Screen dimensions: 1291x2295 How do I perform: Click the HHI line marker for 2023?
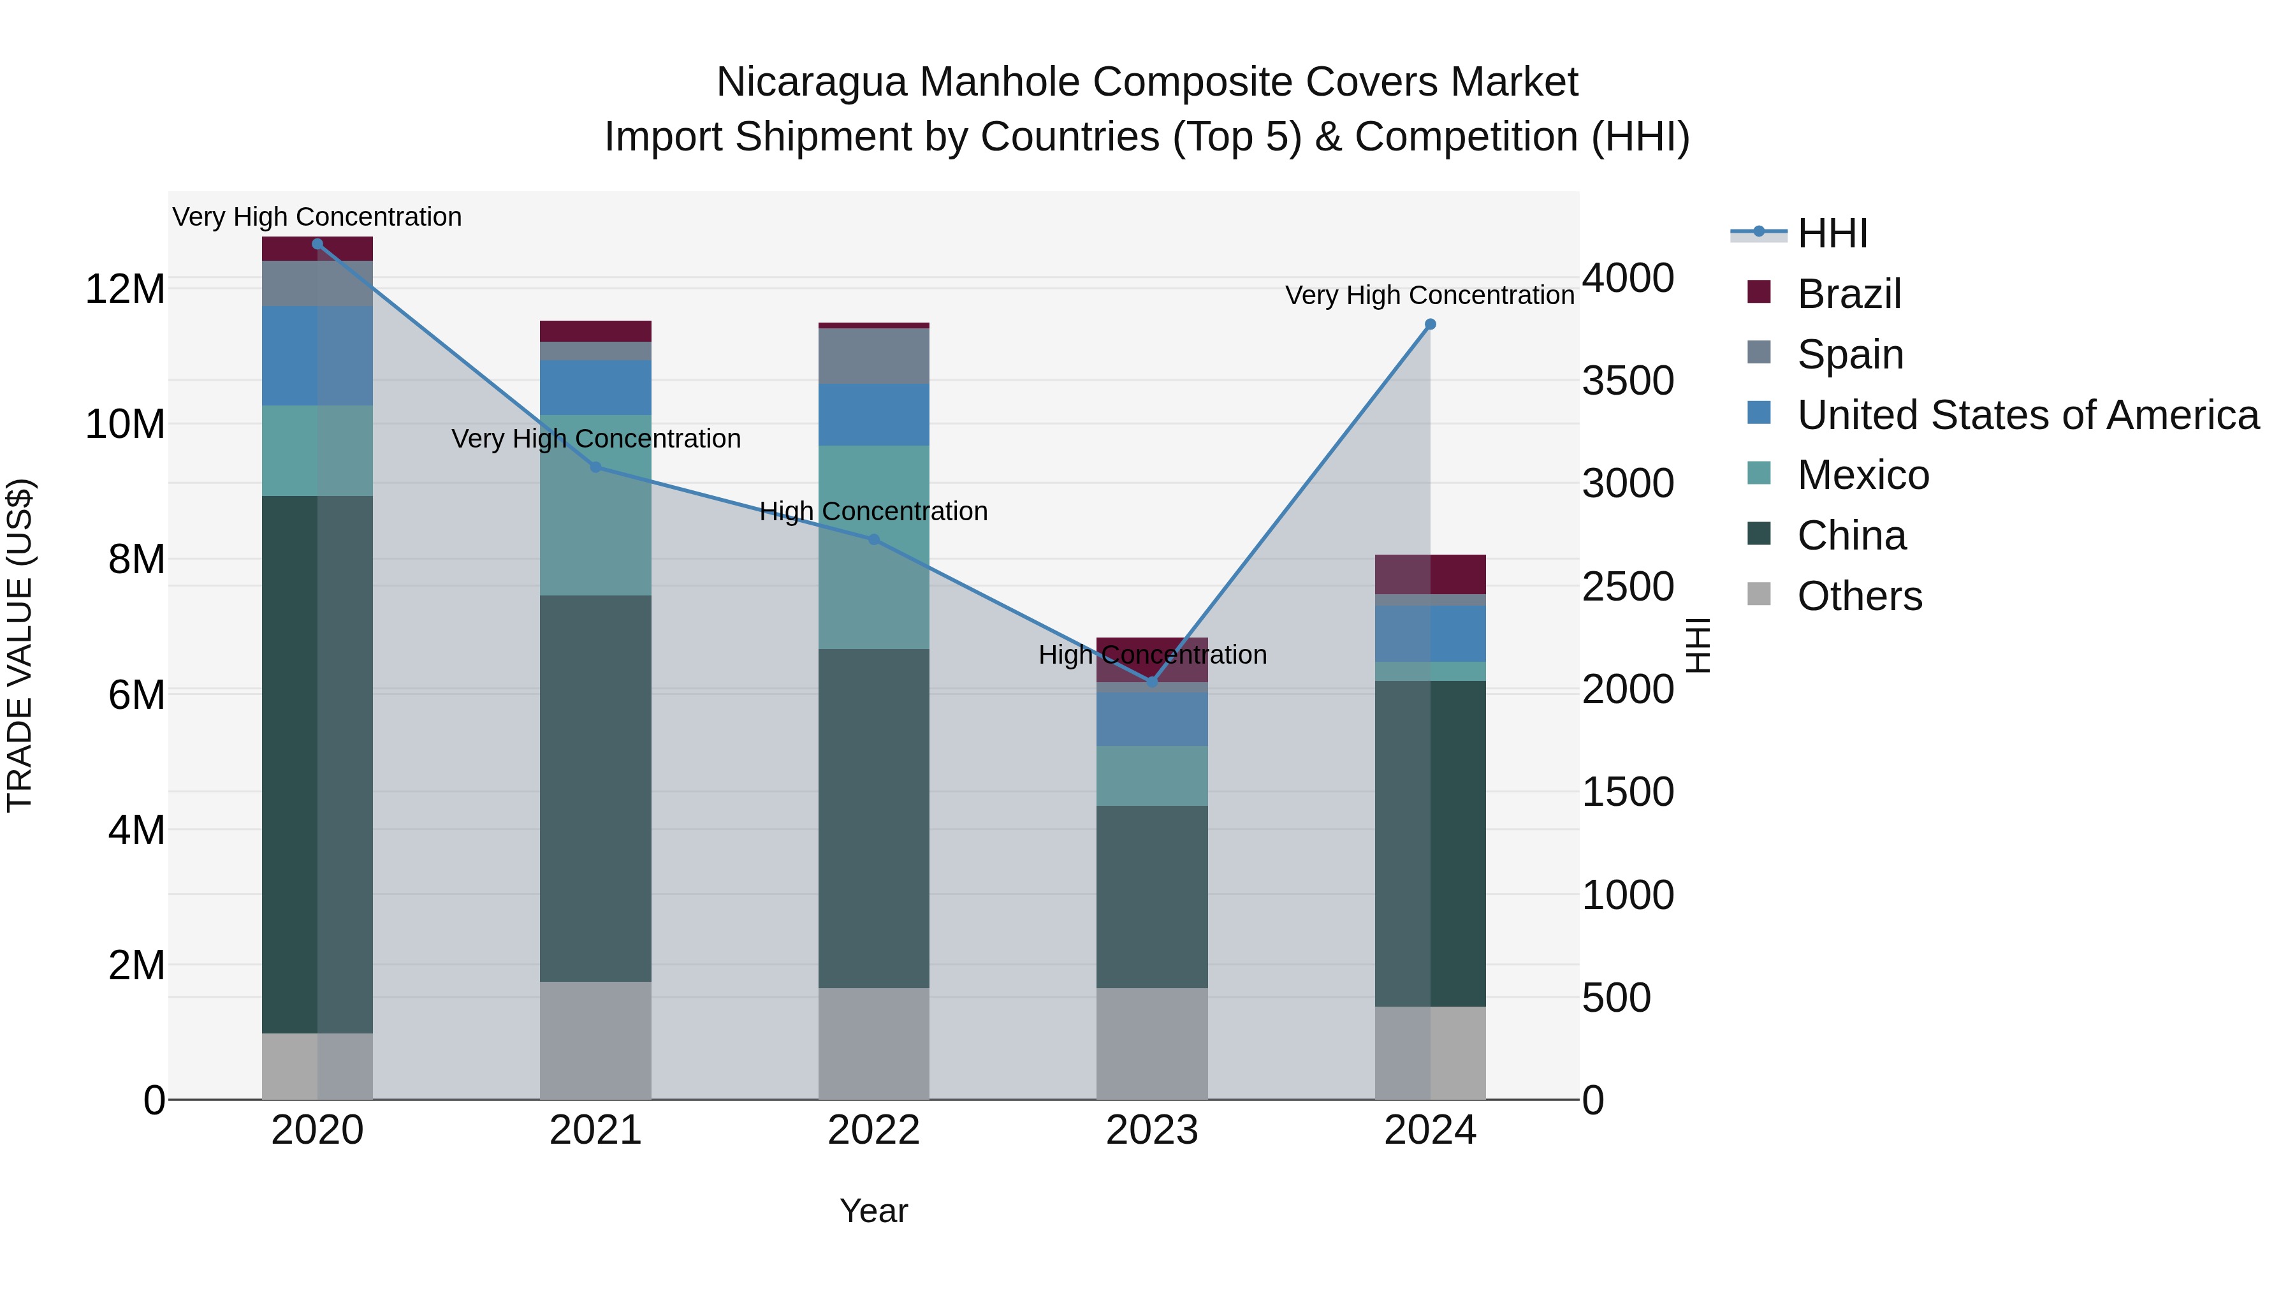[x=1151, y=682]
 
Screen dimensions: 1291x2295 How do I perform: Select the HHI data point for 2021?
[x=596, y=467]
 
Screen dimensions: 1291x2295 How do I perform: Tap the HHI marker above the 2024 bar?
[x=1430, y=325]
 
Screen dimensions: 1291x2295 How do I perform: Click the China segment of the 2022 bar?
[x=873, y=817]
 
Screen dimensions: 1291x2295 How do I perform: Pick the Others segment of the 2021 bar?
[x=595, y=1040]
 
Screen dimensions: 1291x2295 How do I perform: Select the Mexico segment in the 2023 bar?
[x=1151, y=775]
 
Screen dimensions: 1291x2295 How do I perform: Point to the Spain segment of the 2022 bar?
[x=873, y=356]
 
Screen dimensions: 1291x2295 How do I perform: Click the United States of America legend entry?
[x=2027, y=414]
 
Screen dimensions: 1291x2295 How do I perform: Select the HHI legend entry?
[x=1831, y=233]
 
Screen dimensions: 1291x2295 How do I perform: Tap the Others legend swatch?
[x=1759, y=594]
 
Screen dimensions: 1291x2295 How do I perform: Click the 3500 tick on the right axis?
[x=1628, y=381]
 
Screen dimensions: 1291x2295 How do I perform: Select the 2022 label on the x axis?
[x=873, y=1130]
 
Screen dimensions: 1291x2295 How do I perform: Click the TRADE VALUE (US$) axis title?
[x=20, y=645]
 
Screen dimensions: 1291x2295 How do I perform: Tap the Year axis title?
[x=873, y=1211]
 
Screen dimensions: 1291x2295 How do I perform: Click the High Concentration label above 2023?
[x=1151, y=655]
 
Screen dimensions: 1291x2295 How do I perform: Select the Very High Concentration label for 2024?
[x=1429, y=295]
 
